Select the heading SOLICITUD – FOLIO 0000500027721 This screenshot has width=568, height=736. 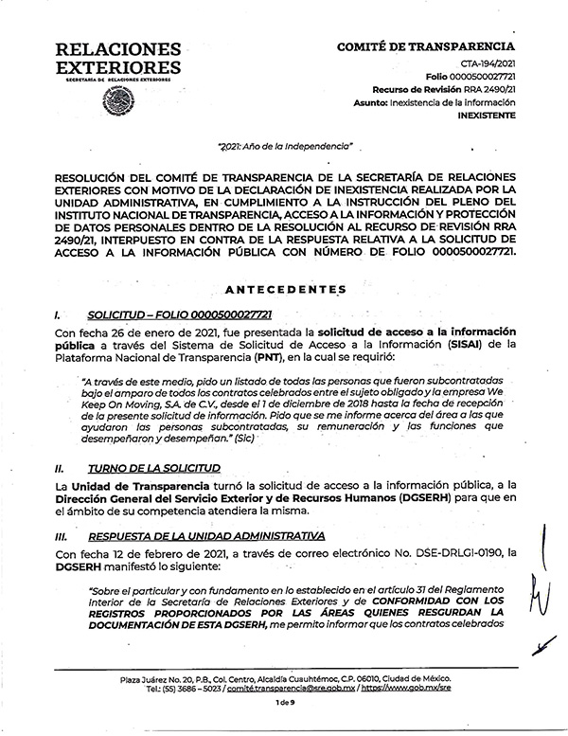coord(178,314)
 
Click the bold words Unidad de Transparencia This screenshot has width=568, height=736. coord(135,485)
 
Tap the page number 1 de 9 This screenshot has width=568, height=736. coord(284,702)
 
